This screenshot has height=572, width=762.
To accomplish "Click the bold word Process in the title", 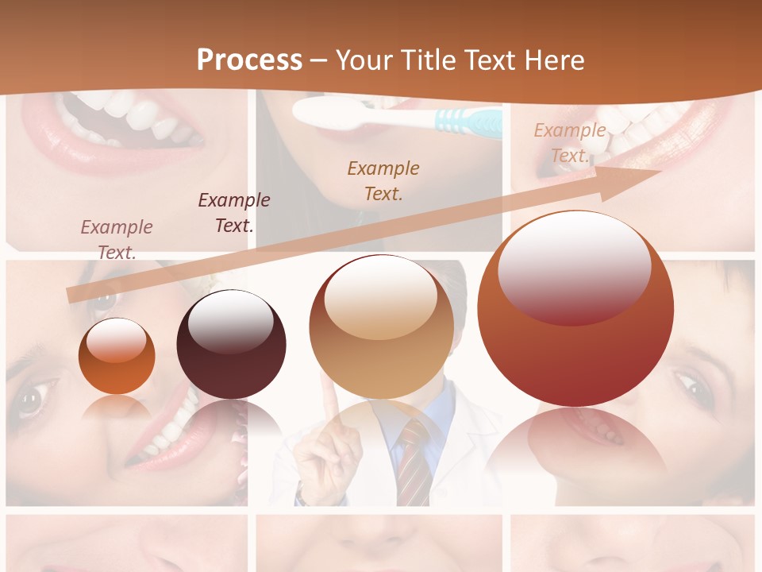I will tap(249, 60).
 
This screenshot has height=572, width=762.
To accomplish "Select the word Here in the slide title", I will tap(552, 60).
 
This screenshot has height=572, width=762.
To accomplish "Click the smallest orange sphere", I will tap(117, 356).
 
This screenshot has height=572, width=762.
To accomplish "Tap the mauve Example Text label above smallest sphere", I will tap(117, 239).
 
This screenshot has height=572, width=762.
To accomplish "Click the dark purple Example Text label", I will tap(234, 212).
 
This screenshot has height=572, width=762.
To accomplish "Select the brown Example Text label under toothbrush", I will tap(383, 180).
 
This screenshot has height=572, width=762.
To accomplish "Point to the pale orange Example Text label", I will tap(570, 143).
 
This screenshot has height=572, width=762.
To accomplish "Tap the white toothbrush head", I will tap(333, 111).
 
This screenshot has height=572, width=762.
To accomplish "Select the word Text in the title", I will tap(491, 60).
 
